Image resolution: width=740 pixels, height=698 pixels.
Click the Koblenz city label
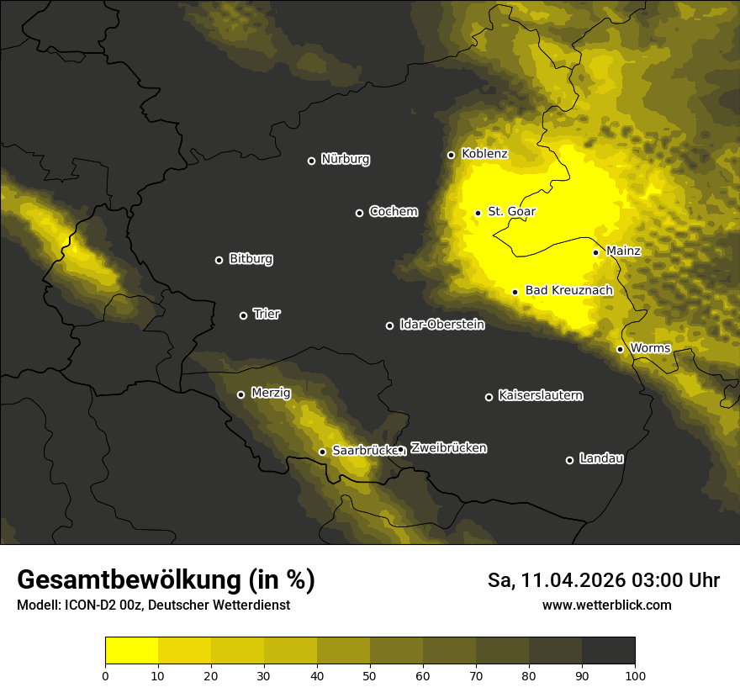484,154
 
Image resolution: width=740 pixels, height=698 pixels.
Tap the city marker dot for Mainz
595,252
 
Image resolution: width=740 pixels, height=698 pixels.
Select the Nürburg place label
346,159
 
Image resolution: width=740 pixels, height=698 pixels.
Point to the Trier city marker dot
244,315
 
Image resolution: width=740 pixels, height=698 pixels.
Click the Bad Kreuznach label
568,290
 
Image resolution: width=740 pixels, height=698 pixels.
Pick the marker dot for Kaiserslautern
489,397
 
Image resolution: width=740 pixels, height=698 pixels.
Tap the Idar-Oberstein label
441,324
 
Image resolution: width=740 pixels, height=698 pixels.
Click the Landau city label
601,458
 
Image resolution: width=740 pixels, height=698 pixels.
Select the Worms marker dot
620,349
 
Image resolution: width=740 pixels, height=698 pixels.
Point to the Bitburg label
251,259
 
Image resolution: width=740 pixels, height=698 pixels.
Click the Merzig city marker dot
240,394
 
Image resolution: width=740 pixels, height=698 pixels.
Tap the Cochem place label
393,211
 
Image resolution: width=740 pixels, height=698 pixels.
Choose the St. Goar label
511,211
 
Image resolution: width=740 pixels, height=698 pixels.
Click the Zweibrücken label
448,447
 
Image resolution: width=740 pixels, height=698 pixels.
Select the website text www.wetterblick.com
606,605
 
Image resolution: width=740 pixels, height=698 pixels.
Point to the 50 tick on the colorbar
370,674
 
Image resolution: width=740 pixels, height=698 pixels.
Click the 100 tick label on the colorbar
635,674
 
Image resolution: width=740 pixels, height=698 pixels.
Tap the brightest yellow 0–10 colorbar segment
132,650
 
